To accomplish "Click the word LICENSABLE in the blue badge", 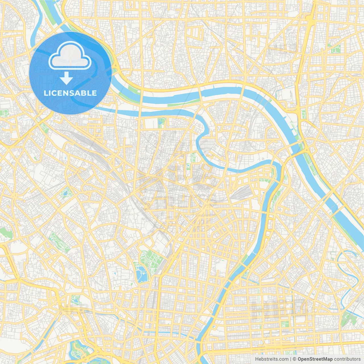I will (70, 93).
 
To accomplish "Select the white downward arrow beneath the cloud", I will (66, 78).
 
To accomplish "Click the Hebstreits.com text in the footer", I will (272, 359).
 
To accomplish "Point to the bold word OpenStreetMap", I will (315, 359).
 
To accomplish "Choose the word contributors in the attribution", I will (347, 359).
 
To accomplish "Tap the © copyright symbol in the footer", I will (295, 359).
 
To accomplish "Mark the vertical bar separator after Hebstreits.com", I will (291, 359).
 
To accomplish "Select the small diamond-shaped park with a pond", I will (66, 193).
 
